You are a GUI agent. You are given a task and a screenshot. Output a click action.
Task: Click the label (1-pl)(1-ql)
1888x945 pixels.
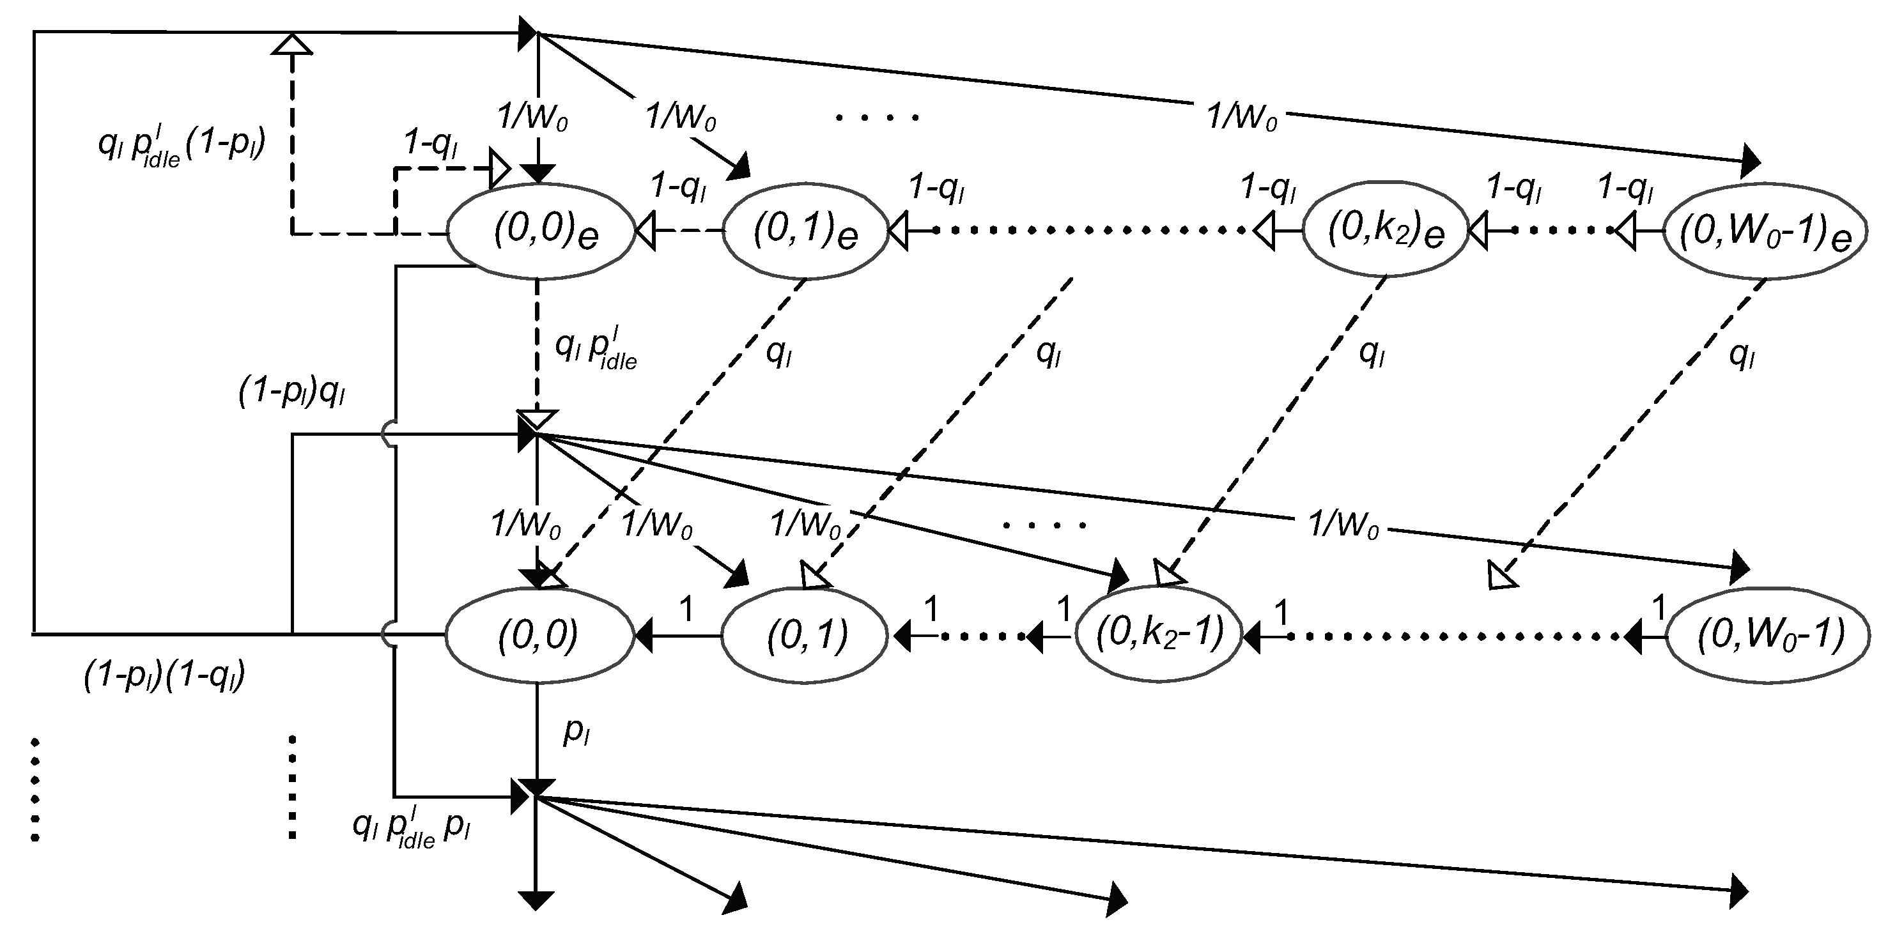pos(164,676)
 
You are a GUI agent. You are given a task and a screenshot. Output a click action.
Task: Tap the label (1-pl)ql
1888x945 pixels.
pos(291,394)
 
